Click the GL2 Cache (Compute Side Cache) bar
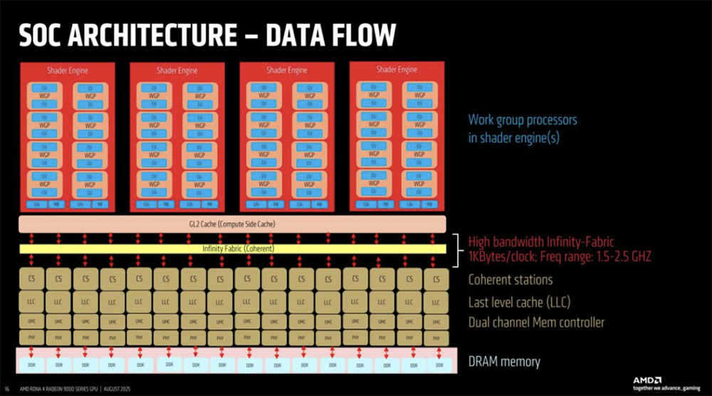[x=233, y=224]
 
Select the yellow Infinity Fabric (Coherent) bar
[x=233, y=249]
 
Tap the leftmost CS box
[x=31, y=279]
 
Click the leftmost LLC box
[x=31, y=302]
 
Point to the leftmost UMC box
[x=31, y=321]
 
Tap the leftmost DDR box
[x=32, y=364]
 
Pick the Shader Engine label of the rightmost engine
[x=397, y=70]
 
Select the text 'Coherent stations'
[x=510, y=279]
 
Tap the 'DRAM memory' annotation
[x=503, y=362]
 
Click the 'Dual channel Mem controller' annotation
[x=536, y=323]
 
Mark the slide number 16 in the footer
[x=7, y=390]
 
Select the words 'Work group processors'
[x=522, y=120]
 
